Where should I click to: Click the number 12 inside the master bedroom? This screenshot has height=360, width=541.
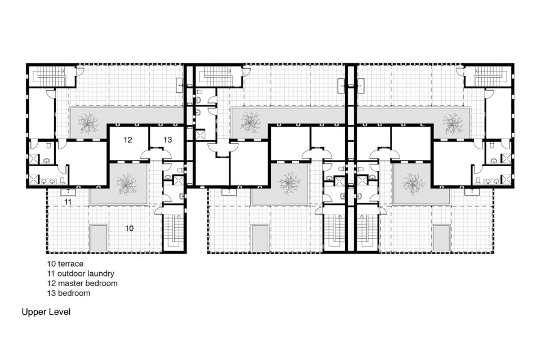coord(128,140)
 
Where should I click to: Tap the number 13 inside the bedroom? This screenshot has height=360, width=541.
coord(168,140)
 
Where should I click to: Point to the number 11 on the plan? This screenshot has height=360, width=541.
coord(68,201)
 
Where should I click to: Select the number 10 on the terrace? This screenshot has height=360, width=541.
coord(129,228)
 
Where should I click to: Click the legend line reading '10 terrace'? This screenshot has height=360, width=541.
coord(65,264)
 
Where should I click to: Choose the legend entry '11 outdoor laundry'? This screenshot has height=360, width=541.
coord(81,274)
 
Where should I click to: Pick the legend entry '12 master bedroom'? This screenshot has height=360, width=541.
coord(82,283)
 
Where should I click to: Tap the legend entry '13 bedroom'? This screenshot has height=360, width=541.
coord(69,293)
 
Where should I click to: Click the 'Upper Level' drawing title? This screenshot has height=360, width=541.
coord(46,312)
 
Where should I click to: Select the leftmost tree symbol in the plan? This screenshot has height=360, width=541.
coord(88,122)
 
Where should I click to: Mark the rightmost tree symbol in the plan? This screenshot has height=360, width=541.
coord(453,122)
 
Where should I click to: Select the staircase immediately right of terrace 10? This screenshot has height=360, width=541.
coord(174,229)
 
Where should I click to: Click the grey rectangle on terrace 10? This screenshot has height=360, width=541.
coord(98,238)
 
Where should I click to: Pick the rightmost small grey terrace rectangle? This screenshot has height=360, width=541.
coord(441,238)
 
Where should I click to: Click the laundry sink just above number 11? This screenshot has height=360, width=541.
coord(68,192)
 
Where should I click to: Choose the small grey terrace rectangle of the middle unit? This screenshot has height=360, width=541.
coord(260,238)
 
